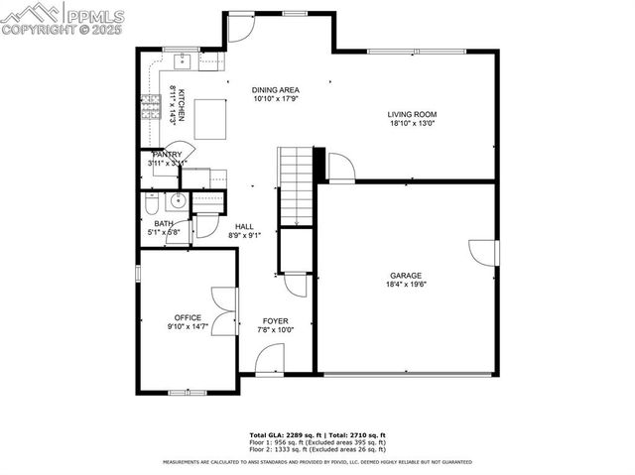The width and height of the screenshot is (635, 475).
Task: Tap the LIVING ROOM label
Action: click(411, 115)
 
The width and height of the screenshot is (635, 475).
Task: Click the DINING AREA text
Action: click(276, 90)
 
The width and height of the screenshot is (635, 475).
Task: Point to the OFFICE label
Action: click(188, 318)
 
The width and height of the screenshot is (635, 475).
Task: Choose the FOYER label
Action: click(275, 321)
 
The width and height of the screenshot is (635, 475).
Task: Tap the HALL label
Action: click(244, 226)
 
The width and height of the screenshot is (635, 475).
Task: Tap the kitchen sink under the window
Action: click(184, 60)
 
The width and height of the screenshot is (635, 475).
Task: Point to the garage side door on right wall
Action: click(484, 253)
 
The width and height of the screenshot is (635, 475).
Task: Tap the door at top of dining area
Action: click(241, 28)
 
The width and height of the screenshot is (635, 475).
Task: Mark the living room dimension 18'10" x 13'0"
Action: click(411, 124)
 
